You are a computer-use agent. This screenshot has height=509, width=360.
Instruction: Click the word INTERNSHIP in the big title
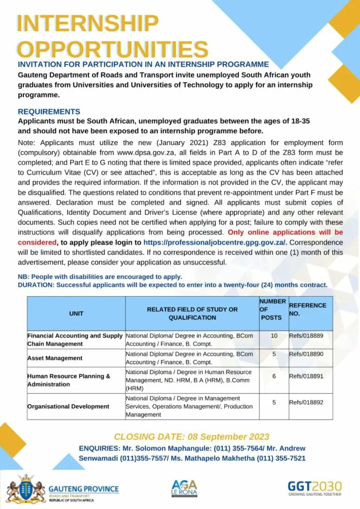[87, 24]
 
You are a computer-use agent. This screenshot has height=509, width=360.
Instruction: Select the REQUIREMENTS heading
[49, 112]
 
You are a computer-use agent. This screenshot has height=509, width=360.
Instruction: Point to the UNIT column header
[76, 313]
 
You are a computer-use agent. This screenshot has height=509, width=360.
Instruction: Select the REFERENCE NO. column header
[307, 309]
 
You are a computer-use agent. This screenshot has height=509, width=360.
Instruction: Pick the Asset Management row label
[55, 358]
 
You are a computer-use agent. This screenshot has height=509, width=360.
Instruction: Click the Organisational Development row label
[68, 406]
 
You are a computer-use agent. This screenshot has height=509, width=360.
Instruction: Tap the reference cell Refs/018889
[306, 336]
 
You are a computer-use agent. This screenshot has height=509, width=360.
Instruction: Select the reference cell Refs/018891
[306, 376]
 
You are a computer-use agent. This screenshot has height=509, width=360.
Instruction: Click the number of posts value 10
[274, 336]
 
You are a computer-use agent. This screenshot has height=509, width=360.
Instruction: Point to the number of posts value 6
[274, 376]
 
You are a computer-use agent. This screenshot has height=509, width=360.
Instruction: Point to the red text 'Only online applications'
[278, 233]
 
